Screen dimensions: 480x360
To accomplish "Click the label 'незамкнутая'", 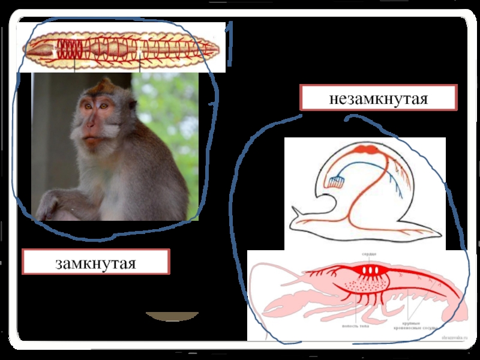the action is (x=378, y=98).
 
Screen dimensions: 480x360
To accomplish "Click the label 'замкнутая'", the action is (x=96, y=263).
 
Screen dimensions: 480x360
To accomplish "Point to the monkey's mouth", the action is (x=91, y=140).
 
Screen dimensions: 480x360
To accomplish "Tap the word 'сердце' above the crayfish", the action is (x=368, y=254).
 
